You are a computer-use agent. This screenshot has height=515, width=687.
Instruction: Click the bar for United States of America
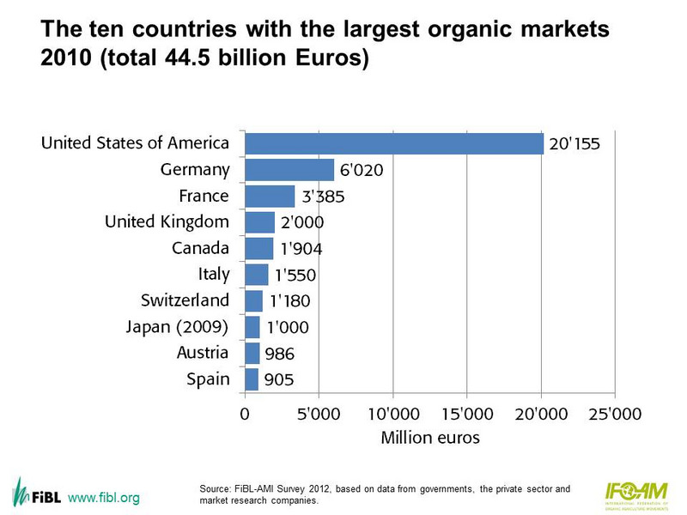click(394, 143)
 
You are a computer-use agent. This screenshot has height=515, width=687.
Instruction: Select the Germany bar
click(289, 170)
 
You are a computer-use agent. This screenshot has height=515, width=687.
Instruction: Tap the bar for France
click(270, 196)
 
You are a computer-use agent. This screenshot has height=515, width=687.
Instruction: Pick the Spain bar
click(252, 379)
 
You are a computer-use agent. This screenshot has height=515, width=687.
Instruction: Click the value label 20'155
click(575, 144)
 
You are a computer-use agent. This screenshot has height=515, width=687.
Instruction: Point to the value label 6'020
click(360, 171)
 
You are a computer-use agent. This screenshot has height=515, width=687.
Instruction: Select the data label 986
click(280, 353)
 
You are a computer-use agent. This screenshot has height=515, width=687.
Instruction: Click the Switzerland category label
click(185, 300)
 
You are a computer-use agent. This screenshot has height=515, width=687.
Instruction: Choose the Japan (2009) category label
click(178, 326)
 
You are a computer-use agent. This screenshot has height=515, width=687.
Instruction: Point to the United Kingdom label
click(167, 222)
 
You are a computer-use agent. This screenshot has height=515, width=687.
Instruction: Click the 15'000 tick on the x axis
click(466, 414)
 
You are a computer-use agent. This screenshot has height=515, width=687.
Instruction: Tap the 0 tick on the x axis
click(245, 414)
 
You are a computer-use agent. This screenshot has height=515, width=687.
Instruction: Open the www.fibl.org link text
click(103, 498)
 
